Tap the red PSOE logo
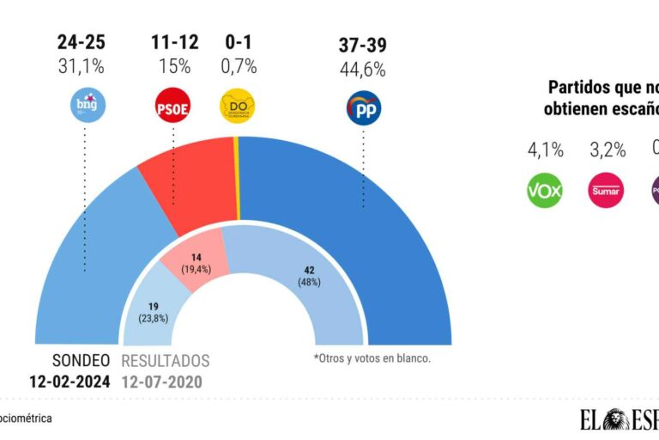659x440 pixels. coord(172,107)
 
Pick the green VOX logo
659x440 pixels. coord(544,191)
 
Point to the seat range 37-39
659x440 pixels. coord(363,41)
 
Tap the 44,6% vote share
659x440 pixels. coord(363,65)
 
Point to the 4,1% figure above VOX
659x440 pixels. coord(545,150)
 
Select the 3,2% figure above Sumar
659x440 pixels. coord(608,150)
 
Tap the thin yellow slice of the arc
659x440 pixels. coord(236,180)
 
